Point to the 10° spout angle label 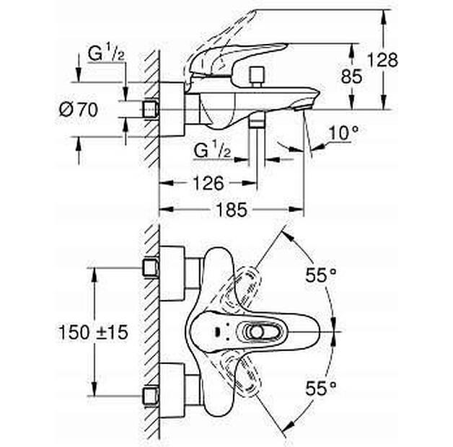point(343,133)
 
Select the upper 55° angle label point(320,275)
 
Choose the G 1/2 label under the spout point(213,150)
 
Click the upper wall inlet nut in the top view point(151,268)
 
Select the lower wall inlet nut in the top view point(151,396)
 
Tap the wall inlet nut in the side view point(151,109)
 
